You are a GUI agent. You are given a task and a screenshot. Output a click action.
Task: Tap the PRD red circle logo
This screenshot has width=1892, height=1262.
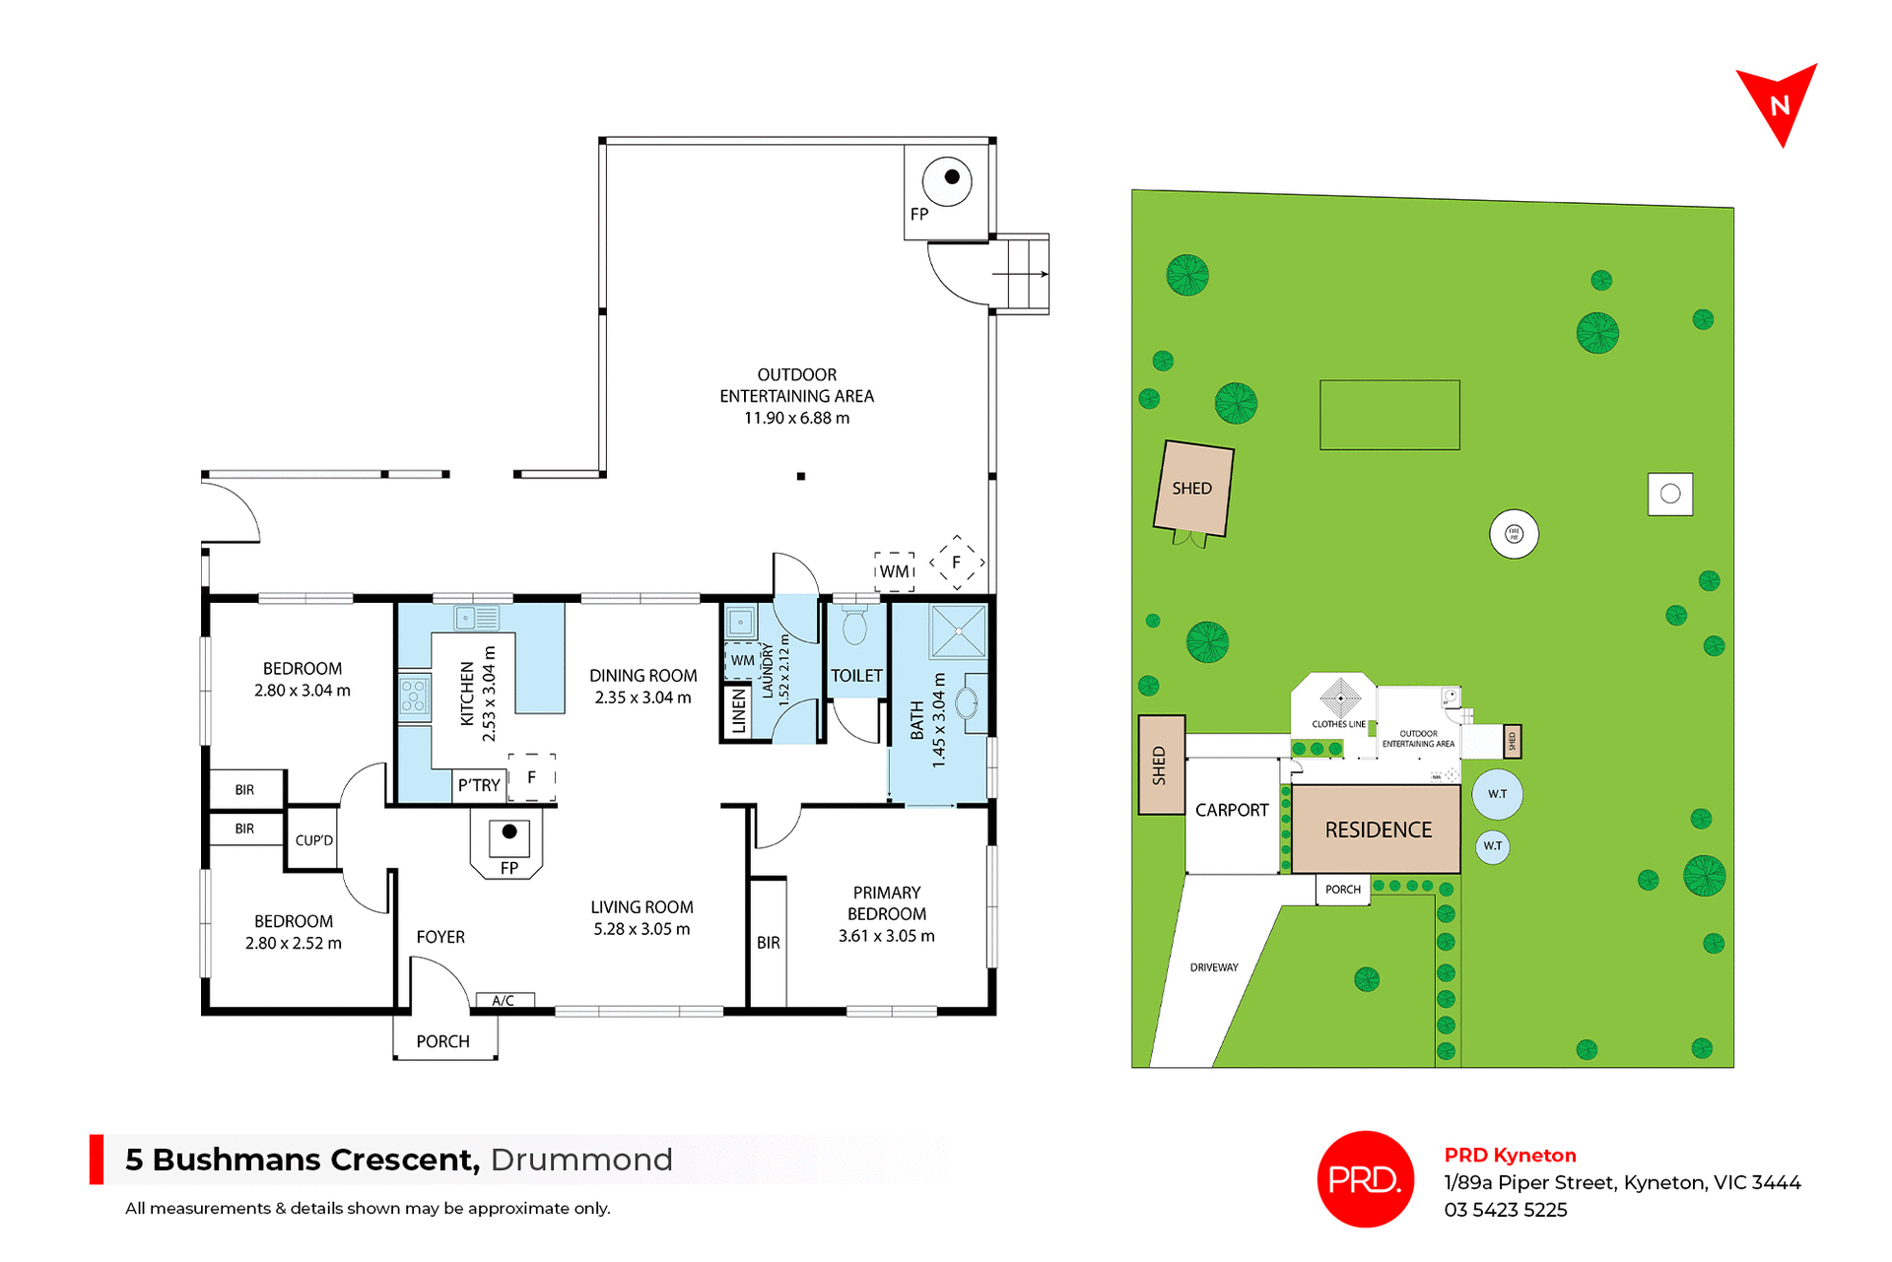pos(1365,1178)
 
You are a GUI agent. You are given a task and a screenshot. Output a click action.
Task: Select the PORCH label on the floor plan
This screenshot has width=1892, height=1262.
pos(442,1041)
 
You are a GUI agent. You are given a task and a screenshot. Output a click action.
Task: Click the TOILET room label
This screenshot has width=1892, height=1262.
pos(856,676)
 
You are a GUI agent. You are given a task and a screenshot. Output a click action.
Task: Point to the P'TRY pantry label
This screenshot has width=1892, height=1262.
pos(479,785)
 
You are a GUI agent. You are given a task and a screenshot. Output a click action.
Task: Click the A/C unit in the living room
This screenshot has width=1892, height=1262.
pos(504,1000)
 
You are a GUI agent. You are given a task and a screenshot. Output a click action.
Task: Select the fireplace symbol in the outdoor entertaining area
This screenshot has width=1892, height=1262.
pos(947,180)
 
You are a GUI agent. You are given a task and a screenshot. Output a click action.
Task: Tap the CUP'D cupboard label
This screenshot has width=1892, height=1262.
pos(314,840)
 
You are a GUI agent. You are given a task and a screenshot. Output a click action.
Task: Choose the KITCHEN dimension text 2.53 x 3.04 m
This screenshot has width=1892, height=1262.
pos(490,694)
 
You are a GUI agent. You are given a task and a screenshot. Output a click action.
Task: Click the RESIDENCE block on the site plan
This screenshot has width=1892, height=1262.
pos(1377,830)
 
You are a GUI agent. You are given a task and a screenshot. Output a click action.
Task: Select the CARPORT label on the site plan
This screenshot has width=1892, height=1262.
pos(1232,810)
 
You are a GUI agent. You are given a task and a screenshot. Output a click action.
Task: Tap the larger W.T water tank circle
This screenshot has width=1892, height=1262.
pos(1497,794)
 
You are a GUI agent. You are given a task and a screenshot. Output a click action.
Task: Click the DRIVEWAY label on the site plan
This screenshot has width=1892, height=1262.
pos(1214,967)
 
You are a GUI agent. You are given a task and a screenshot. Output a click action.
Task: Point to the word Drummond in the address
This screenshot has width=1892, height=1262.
pos(581,1160)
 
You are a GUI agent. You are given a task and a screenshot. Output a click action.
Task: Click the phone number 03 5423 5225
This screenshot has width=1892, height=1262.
pos(1505,1210)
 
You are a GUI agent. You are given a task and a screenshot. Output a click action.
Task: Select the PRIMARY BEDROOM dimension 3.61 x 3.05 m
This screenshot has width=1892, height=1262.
pos(886,936)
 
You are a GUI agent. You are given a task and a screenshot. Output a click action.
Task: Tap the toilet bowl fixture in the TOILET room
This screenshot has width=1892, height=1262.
pos(854,626)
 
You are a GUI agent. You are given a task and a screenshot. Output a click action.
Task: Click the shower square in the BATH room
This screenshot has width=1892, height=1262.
pos(958,631)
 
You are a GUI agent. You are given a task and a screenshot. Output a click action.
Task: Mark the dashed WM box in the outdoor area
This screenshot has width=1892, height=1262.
pos(895,571)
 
